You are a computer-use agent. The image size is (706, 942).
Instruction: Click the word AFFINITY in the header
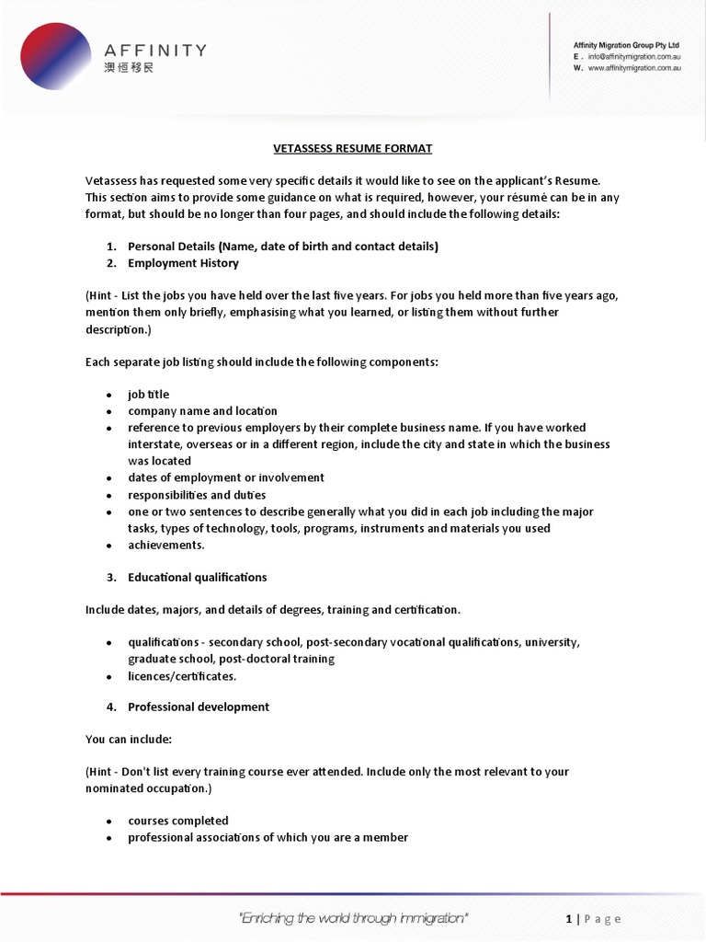tap(154, 50)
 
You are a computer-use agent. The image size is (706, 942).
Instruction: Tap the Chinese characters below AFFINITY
tap(129, 69)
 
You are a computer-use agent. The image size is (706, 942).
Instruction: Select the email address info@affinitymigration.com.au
tap(634, 56)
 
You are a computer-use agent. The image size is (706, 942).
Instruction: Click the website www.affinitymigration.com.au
tap(633, 68)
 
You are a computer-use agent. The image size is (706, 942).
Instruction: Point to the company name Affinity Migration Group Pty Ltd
tap(626, 44)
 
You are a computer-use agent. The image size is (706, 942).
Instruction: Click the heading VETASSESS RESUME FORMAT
tap(353, 148)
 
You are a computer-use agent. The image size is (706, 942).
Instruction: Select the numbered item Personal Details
tap(283, 247)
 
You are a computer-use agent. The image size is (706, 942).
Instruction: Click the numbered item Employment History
tap(183, 263)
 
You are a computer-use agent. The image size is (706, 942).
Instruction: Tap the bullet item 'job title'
tap(149, 395)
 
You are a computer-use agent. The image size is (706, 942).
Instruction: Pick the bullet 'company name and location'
tap(202, 411)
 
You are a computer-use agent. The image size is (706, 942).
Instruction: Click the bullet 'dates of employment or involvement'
tap(226, 477)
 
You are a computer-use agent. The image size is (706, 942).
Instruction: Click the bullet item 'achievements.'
tap(166, 545)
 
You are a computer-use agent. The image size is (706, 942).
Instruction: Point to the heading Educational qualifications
tap(197, 578)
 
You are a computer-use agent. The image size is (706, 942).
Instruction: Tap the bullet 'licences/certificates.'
tap(182, 676)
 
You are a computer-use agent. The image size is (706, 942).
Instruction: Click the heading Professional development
tap(199, 707)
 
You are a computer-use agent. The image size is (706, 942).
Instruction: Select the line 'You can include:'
tap(128, 739)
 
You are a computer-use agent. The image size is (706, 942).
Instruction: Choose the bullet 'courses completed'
tap(178, 821)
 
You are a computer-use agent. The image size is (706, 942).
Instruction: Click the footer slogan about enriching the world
tap(353, 918)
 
